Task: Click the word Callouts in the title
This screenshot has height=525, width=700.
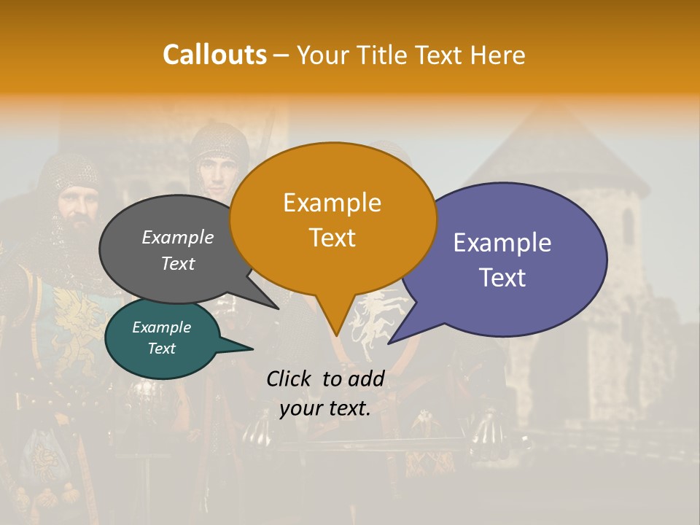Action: coord(214,55)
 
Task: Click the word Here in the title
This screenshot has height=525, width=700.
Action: coord(499,55)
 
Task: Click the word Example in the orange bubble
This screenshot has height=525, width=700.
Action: coord(332,203)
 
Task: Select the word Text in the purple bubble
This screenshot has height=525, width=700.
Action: coord(502,278)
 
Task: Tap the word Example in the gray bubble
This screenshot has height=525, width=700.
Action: coord(178,237)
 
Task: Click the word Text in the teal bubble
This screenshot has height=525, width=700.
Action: coord(162,349)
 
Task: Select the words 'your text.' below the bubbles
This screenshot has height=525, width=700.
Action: coord(325,408)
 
